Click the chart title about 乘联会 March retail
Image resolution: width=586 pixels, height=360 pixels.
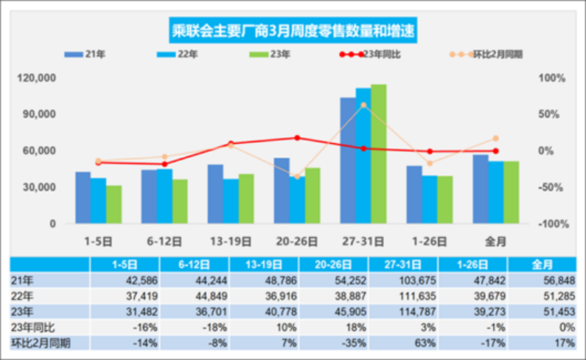(x=293, y=30)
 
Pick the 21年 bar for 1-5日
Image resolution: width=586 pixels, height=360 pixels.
(x=83, y=198)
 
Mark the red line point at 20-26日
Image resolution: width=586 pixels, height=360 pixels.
(x=297, y=138)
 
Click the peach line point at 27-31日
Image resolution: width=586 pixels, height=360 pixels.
(x=363, y=105)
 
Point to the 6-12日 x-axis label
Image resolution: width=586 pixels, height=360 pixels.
(x=164, y=240)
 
